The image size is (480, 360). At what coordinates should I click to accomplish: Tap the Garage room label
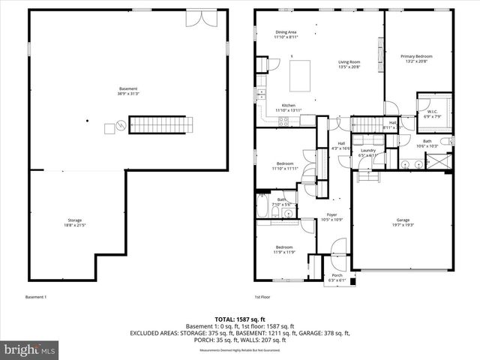click(x=403, y=220)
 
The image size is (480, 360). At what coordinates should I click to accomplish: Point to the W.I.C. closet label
click(x=433, y=112)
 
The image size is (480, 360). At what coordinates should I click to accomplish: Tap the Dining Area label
click(x=286, y=32)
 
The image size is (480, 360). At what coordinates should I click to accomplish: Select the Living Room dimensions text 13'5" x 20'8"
click(x=349, y=67)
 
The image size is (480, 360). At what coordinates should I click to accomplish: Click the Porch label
click(x=337, y=274)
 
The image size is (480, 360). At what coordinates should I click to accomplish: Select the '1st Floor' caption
click(x=262, y=297)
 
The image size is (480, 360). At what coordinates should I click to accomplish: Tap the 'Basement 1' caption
click(x=36, y=297)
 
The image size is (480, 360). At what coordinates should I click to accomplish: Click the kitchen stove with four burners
click(x=284, y=121)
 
